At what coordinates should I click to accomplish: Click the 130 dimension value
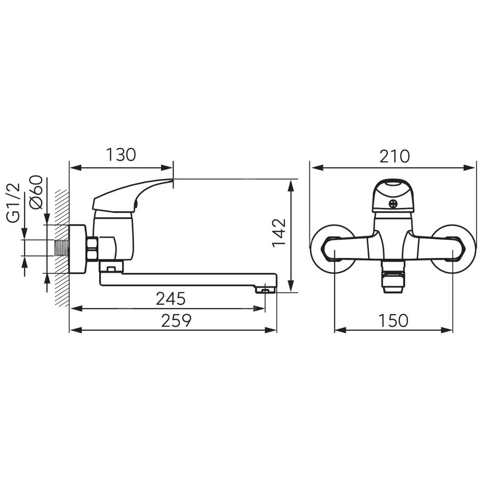pos(121,155)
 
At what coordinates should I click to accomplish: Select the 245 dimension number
pos(170,299)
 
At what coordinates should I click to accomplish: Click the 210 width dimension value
pos(394,156)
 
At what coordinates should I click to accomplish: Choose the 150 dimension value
pos(393,320)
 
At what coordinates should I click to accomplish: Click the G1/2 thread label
pos(14,203)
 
